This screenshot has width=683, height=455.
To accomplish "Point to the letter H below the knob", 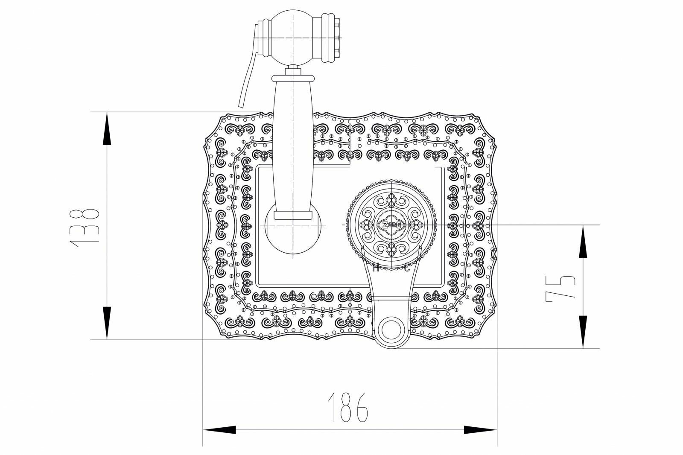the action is [376, 268].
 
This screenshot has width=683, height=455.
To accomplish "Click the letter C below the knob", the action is [407, 268].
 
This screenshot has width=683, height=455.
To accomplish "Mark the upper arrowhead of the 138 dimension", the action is [106, 128].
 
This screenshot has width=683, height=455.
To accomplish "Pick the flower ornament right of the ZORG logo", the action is [415, 225].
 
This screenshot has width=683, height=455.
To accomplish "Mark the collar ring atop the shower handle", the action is [293, 77].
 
